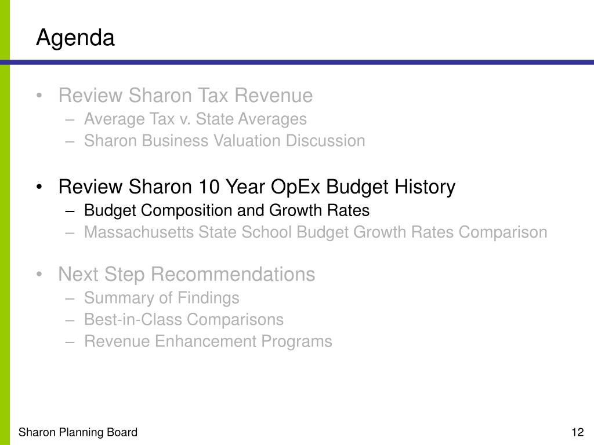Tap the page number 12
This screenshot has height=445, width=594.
coord(578,432)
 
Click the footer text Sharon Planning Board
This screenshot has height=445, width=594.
coord(78,432)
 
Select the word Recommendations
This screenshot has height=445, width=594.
coord(233,274)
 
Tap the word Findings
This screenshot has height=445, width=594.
coord(208,298)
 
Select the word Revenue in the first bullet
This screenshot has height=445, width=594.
coord(274,96)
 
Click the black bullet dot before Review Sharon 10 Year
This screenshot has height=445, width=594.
coord(39,187)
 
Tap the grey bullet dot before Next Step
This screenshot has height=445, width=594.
coord(39,274)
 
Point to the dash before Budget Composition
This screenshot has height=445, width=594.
coord(70,211)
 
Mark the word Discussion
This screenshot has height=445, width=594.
coord(325,141)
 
